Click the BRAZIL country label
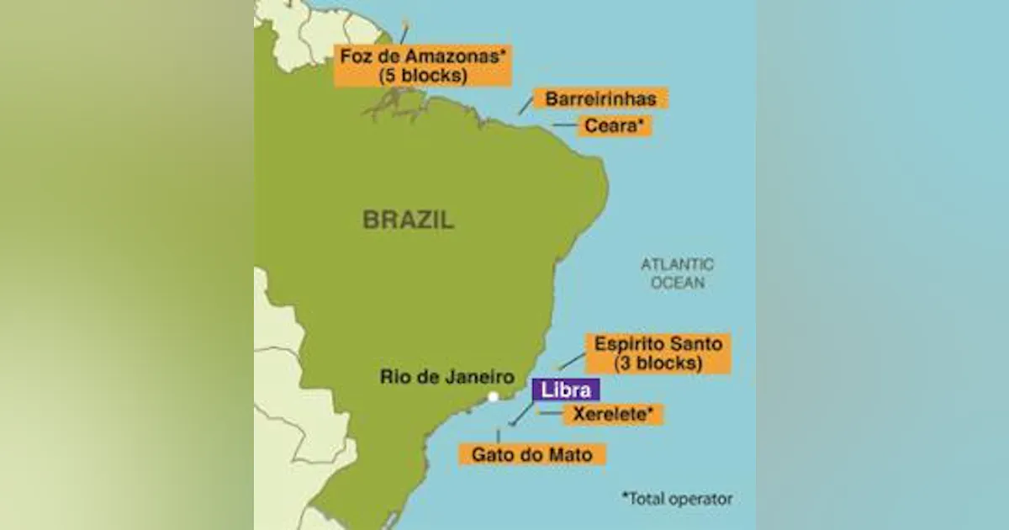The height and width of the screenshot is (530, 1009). [x=409, y=220]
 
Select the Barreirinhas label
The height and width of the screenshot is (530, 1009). [x=600, y=98]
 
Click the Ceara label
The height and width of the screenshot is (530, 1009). [x=614, y=126]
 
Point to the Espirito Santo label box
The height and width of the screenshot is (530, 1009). [x=658, y=353]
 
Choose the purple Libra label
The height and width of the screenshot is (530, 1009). [x=566, y=390]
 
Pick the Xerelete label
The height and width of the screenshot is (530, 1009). [x=613, y=414]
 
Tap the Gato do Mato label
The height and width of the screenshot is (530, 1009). [x=531, y=454]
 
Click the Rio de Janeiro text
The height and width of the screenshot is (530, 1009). [x=446, y=376]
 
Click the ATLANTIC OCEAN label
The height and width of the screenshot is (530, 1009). [x=677, y=273]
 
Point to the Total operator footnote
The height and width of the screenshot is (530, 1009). [x=677, y=498]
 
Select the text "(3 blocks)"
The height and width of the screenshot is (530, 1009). [x=658, y=363]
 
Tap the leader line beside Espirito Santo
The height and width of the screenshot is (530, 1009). [x=573, y=361]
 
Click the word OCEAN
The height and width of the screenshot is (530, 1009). [x=677, y=284]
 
